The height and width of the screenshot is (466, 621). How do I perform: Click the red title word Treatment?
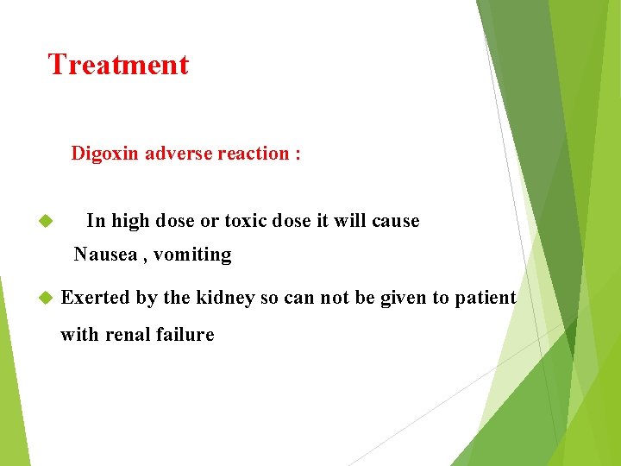[118, 65]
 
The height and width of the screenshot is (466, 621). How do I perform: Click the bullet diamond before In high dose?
[47, 222]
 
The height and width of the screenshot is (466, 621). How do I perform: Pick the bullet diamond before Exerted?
[47, 299]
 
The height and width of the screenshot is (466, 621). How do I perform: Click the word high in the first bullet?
[129, 221]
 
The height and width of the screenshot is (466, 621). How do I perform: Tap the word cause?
[395, 221]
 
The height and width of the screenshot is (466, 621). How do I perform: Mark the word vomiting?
[193, 255]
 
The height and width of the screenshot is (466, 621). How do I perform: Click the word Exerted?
[96, 298]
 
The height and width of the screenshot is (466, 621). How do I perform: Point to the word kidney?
[226, 298]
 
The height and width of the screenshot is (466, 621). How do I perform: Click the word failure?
[185, 335]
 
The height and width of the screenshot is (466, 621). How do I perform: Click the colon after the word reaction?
[298, 155]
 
